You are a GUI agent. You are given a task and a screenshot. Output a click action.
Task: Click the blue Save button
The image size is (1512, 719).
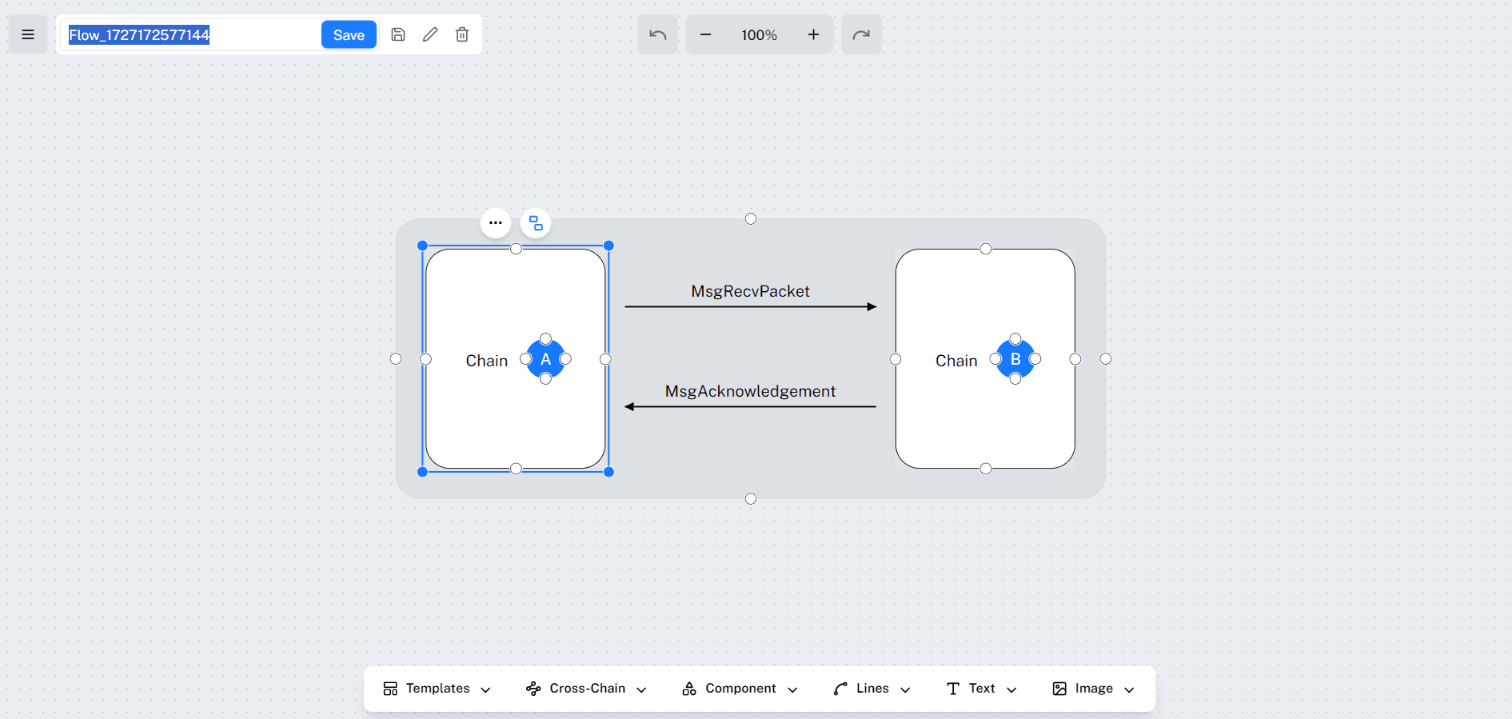(349, 34)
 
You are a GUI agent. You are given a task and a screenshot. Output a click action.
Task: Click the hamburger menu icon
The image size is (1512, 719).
(28, 34)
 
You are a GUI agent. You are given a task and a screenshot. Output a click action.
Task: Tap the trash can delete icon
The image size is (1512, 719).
(462, 34)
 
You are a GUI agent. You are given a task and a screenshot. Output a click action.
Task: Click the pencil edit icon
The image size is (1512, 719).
(430, 34)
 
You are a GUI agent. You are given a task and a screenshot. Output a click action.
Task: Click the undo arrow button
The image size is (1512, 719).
(657, 34)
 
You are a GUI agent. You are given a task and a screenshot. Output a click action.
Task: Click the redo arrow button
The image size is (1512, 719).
(861, 34)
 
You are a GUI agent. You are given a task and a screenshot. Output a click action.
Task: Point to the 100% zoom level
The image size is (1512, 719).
(759, 35)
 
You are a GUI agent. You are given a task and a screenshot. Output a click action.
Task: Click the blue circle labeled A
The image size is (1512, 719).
(546, 359)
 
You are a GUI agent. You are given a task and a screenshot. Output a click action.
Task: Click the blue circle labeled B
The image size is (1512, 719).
(1015, 359)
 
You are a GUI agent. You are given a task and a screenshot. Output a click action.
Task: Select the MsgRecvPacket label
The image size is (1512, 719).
(750, 291)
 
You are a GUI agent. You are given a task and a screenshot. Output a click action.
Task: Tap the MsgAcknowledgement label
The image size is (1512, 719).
(750, 391)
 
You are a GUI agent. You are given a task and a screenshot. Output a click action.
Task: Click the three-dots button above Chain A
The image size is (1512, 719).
(496, 223)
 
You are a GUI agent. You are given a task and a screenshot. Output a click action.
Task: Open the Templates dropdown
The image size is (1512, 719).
(437, 689)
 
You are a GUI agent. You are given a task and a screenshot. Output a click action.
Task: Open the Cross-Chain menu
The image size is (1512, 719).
(586, 689)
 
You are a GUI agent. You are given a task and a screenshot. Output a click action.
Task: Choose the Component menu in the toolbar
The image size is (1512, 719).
(740, 689)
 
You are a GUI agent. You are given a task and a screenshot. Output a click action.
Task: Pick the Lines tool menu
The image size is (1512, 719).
(872, 689)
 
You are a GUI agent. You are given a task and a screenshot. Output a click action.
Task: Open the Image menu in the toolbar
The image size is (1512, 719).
(1093, 689)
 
